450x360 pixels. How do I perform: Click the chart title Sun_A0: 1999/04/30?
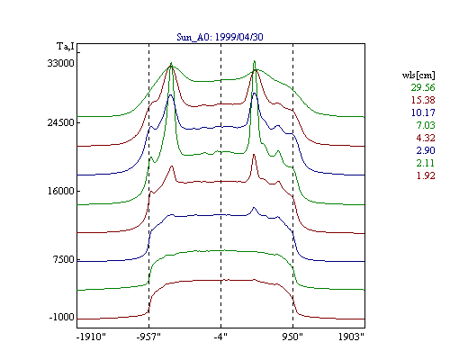220,37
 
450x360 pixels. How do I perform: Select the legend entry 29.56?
423,87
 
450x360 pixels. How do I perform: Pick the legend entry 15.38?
423,100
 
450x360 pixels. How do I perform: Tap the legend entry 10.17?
423,112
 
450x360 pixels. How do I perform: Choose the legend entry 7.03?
426,125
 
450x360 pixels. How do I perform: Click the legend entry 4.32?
426,138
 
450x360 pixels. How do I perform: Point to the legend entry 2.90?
426,150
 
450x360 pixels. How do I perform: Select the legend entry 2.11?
426,163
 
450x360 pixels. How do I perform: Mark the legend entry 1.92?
426,175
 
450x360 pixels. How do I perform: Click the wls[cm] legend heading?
418,75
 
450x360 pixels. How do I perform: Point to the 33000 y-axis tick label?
60,63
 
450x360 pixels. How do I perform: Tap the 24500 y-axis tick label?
60,122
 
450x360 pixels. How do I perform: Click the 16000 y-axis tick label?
60,191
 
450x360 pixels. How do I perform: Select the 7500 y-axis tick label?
63,259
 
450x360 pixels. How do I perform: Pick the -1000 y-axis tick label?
62,317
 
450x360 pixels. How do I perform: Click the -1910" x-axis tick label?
91,337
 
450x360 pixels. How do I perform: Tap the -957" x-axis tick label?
148,337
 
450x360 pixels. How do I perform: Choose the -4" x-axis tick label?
220,337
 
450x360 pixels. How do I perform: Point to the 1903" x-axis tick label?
351,337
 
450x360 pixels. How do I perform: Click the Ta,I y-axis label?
66,47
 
